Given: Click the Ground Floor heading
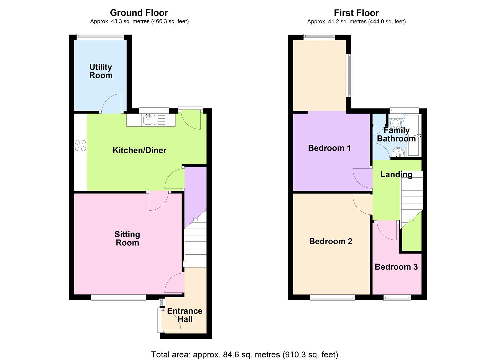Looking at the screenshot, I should point(139,13).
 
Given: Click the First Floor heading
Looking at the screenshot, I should point(356,13).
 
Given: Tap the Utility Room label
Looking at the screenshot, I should point(101,71).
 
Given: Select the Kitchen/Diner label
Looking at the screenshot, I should point(139,150).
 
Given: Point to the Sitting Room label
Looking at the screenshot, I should point(127,239).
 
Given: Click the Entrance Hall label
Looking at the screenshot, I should point(185,315).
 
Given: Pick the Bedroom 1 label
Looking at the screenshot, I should point(329,148).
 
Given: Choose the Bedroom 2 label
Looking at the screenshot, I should point(331,241).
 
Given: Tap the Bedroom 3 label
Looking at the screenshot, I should point(396,267).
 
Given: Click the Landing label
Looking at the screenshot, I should point(396,174).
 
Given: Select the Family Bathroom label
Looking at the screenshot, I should point(396,134).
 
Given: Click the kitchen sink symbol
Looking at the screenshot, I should point(148,120).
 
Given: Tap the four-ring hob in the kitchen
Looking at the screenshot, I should point(80,145).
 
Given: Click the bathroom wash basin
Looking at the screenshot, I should point(398,153).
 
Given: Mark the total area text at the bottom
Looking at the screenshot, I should point(245,354).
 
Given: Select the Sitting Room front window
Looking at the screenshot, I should point(118,297).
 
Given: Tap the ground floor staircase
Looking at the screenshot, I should point(195,240).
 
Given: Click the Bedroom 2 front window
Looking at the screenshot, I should point(332,297).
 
